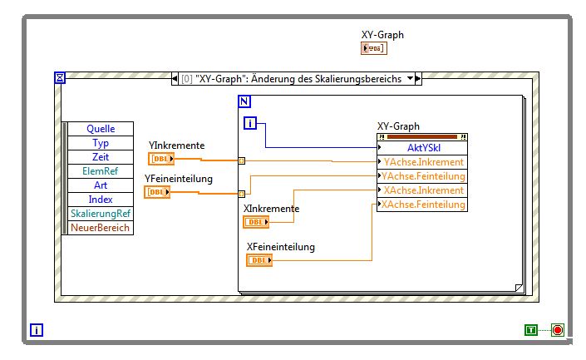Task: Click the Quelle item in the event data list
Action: [101, 129]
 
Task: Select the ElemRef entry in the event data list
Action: [101, 171]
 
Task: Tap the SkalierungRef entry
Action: [101, 214]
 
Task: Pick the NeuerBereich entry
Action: [101, 228]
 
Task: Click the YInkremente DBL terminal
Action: [161, 159]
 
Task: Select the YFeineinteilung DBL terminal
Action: [157, 192]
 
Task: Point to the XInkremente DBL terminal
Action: [256, 222]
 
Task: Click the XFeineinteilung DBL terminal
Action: [259, 260]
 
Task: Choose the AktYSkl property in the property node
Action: [424, 147]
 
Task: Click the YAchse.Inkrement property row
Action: [424, 162]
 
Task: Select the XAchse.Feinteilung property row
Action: [424, 205]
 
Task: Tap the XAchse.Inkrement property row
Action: [424, 190]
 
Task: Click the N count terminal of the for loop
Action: [244, 101]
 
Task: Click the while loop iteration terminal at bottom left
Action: [37, 330]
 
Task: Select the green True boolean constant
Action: [530, 330]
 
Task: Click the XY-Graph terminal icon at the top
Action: [374, 49]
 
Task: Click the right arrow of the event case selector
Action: [418, 79]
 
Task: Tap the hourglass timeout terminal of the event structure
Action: [60, 78]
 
